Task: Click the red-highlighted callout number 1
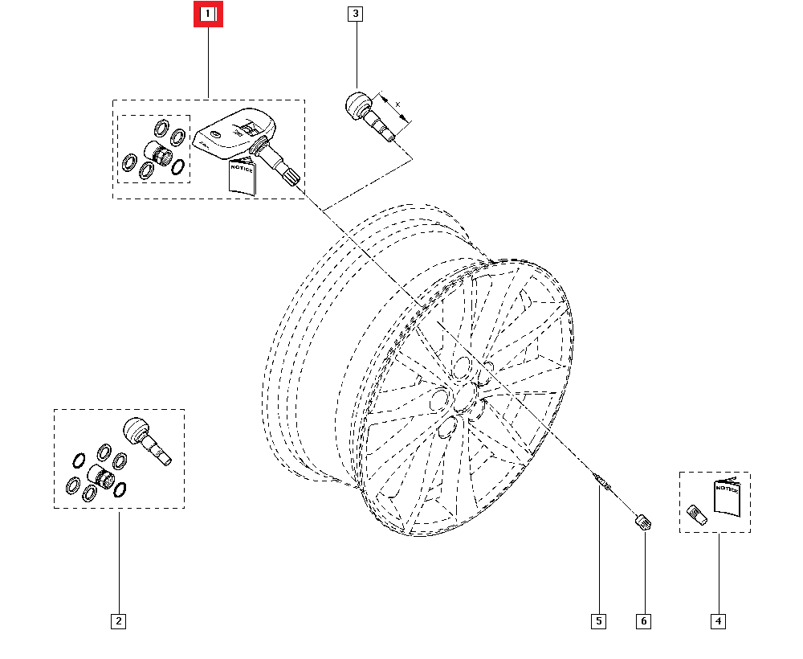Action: (x=208, y=14)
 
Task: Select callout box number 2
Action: (x=118, y=621)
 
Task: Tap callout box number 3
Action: (x=355, y=14)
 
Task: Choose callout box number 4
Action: (x=718, y=621)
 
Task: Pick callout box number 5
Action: (x=598, y=621)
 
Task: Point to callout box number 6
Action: (x=644, y=621)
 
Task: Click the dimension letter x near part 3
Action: (x=398, y=104)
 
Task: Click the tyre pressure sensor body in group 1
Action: (x=234, y=134)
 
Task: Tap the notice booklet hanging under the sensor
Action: (x=241, y=178)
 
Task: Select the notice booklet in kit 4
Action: (x=727, y=497)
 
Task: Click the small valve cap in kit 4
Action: (x=696, y=514)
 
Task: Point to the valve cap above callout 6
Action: (x=643, y=522)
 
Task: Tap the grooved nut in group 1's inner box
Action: (x=158, y=153)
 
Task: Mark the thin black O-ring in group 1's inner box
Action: (x=177, y=167)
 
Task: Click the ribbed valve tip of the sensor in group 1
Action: (x=292, y=177)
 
